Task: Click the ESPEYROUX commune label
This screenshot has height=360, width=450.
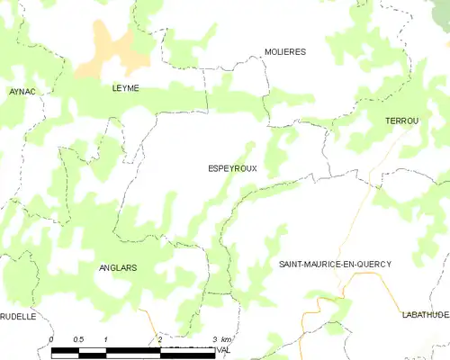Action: click(x=232, y=168)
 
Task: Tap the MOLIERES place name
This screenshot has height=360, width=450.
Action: click(x=285, y=52)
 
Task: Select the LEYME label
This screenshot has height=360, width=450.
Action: click(x=125, y=88)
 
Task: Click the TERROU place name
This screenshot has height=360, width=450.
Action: click(x=401, y=121)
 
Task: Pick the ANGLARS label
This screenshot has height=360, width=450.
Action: click(x=119, y=268)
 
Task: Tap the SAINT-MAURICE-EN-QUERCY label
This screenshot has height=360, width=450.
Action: click(x=335, y=264)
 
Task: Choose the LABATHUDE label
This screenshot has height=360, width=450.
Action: click(x=425, y=316)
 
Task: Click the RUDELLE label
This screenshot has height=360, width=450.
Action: click(x=17, y=317)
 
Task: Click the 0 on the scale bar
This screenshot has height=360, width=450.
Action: click(x=52, y=339)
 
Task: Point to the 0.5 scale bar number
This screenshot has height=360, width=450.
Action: click(x=79, y=339)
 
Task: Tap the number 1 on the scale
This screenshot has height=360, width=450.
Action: click(x=106, y=339)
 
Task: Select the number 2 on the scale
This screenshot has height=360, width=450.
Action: click(x=159, y=339)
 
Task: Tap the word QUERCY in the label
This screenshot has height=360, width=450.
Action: click(x=373, y=264)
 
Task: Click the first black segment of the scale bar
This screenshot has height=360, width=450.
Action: click(x=66, y=349)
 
